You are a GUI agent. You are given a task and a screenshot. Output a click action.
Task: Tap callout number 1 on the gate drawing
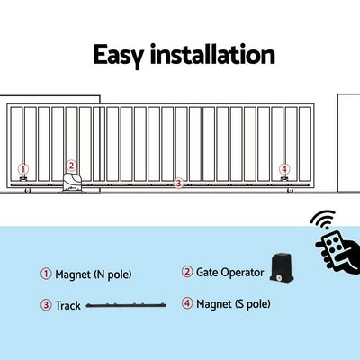click(22, 168)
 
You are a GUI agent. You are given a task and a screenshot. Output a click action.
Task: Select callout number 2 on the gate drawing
click(71, 166)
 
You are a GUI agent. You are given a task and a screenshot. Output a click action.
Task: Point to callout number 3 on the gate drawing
click(178, 183)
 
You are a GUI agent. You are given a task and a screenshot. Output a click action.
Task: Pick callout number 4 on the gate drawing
click(284, 168)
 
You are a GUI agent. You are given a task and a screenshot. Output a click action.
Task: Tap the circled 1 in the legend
click(46, 274)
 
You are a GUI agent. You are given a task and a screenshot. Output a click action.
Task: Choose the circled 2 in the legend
click(187, 273)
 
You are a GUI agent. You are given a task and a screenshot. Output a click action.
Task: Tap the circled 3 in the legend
click(46, 304)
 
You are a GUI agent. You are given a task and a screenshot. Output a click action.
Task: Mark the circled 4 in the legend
click(187, 304)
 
